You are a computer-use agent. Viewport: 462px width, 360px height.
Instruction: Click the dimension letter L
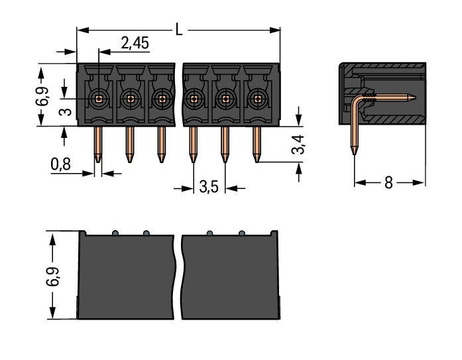pyautogui.click(x=179, y=29)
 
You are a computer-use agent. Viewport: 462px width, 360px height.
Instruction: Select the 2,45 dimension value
pyautogui.click(x=135, y=44)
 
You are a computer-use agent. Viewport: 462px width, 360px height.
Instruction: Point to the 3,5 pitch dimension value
pyautogui.click(x=209, y=187)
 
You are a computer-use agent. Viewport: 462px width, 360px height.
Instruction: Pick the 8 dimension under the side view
pyautogui.click(x=389, y=182)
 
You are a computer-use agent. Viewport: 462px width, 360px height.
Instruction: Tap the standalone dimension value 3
pyautogui.click(x=65, y=109)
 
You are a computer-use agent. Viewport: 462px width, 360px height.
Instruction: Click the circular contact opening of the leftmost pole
pyautogui.click(x=99, y=99)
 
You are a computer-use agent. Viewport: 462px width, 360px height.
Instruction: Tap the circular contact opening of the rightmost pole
pyautogui.click(x=257, y=99)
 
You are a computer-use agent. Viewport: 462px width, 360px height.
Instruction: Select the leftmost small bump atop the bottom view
pyautogui.click(x=115, y=233)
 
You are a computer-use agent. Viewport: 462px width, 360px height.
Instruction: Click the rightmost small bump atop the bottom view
pyautogui.click(x=242, y=233)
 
